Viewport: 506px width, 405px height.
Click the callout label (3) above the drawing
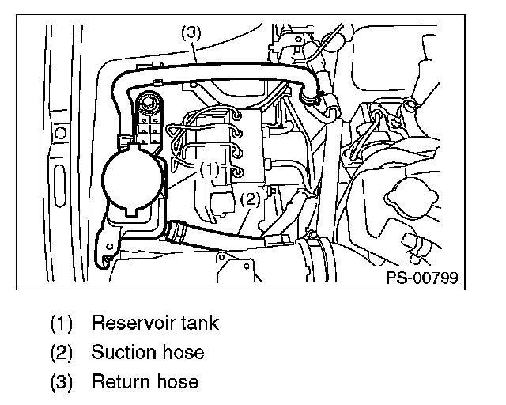(x=191, y=34)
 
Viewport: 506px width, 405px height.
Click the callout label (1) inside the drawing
(x=209, y=168)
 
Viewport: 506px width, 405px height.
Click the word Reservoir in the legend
(x=131, y=323)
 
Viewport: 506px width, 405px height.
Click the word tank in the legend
(x=198, y=323)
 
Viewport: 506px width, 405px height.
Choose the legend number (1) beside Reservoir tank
(x=62, y=324)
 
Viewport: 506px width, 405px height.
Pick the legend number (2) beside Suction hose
(x=62, y=353)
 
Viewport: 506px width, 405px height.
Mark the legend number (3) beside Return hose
(x=62, y=383)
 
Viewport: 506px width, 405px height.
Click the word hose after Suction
(x=180, y=352)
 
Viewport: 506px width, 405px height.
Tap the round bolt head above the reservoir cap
(x=147, y=103)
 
